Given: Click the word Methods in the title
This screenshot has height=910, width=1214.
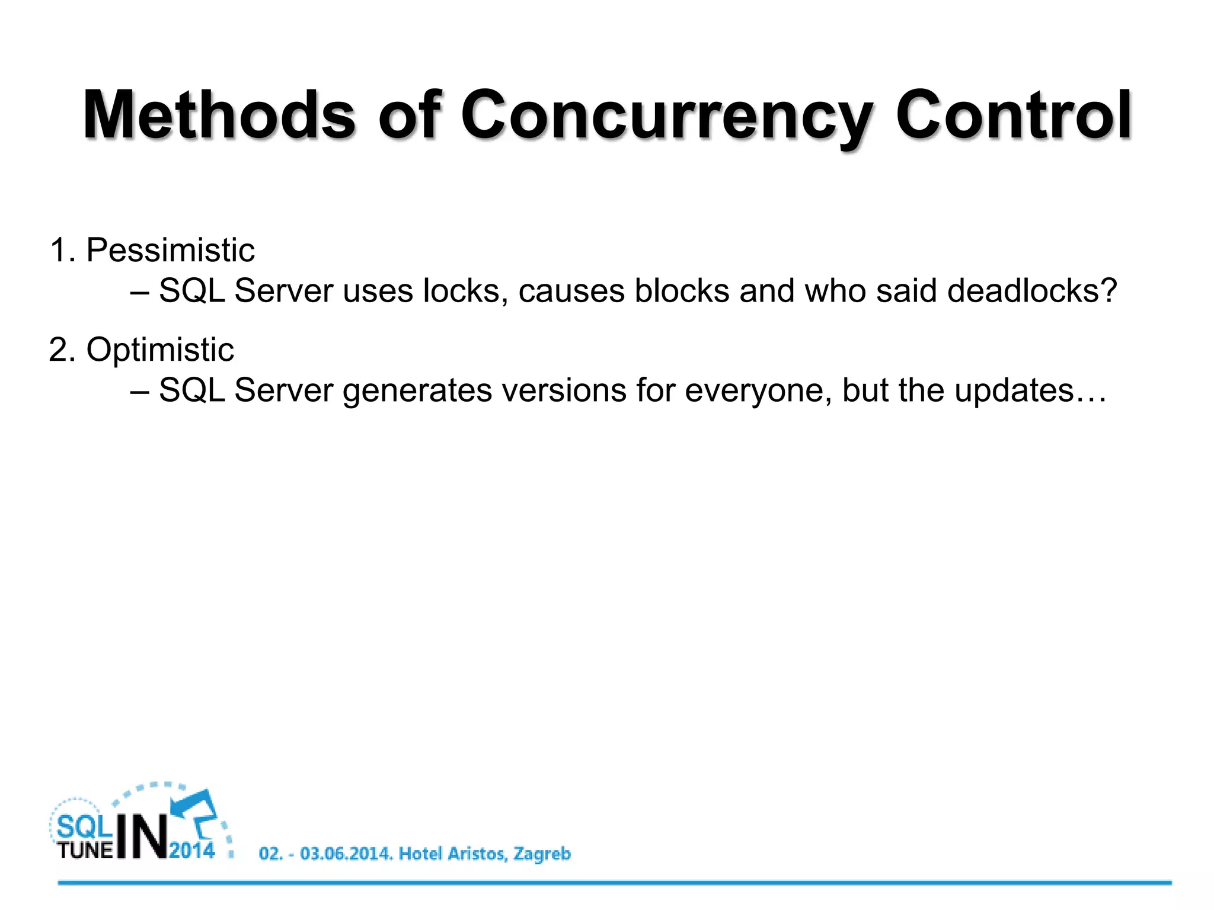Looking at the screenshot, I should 219,115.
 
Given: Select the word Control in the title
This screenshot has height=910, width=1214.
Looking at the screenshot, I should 1014,115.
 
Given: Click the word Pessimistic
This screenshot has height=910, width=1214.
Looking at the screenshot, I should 170,250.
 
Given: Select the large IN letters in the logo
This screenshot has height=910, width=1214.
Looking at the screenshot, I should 142,835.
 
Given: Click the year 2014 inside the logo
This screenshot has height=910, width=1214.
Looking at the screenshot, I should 192,850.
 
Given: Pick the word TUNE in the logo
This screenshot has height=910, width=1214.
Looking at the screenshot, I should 85,850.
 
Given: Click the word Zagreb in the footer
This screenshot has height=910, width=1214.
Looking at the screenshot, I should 542,854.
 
